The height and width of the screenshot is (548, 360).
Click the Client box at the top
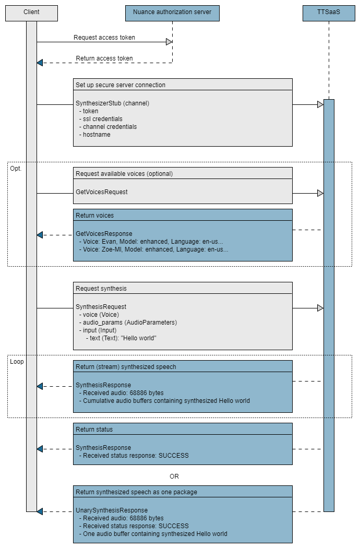pos(31,13)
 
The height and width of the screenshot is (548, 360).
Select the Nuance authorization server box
pos(172,13)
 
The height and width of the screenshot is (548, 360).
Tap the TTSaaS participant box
pos(329,13)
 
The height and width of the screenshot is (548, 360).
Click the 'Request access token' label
pos(104,38)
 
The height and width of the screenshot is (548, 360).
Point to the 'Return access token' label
pos(104,58)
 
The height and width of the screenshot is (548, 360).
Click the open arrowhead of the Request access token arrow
pos(169,42)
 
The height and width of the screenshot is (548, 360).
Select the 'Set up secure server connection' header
pos(121,85)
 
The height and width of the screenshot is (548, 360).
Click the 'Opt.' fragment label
pos(16,169)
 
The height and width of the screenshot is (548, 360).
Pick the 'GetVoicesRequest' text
pos(102,192)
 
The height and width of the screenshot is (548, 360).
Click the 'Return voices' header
pos(94,215)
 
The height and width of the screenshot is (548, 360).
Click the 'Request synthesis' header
pos(101,288)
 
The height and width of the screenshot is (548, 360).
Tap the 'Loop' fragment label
pos(17,361)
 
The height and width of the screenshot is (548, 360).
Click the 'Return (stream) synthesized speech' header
pos(126,367)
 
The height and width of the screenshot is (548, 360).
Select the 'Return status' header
pos(94,430)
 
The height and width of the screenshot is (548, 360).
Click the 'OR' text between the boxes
pos(174,476)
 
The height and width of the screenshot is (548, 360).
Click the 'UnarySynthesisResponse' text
pos(112,510)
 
